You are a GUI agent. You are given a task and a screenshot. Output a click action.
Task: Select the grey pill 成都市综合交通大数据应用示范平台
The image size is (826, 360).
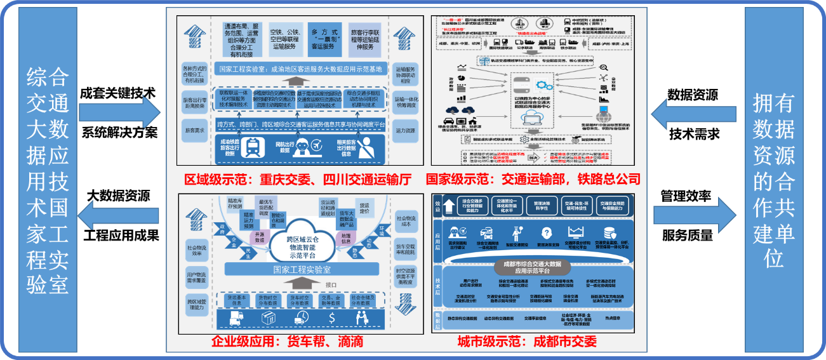532,263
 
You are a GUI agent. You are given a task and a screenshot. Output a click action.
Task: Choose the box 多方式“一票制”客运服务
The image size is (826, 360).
321,39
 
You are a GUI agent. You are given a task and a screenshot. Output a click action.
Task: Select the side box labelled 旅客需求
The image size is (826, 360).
195,131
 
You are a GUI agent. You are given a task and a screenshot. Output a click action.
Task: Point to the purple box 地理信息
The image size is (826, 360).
345,237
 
